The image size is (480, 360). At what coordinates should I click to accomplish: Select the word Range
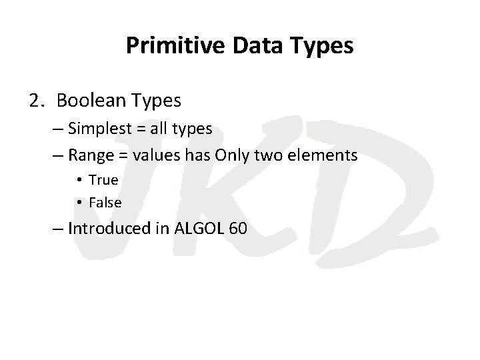coord(89,156)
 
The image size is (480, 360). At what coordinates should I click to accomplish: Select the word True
coord(103,180)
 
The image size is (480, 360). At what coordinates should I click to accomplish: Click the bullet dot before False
coord(79,202)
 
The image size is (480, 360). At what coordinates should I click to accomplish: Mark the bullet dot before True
coord(79,181)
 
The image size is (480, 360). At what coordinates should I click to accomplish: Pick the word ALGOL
coord(197,229)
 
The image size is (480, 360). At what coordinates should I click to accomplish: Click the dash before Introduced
coord(57,229)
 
